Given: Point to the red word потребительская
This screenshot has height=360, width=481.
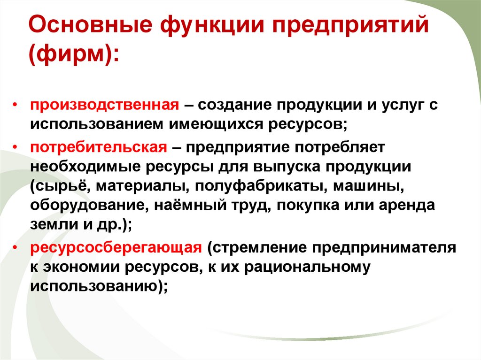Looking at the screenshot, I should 99,146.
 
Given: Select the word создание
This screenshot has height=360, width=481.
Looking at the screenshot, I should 233,105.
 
